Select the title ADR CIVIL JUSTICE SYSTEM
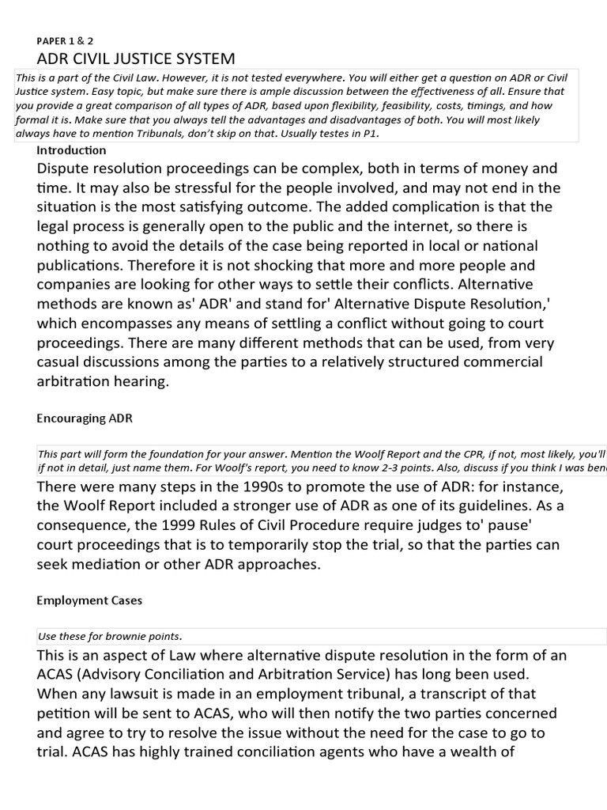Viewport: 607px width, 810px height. (x=136, y=59)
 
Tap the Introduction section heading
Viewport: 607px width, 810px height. (x=71, y=150)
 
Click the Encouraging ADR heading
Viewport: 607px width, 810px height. (x=85, y=418)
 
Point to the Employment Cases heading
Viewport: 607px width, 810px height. (x=89, y=600)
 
